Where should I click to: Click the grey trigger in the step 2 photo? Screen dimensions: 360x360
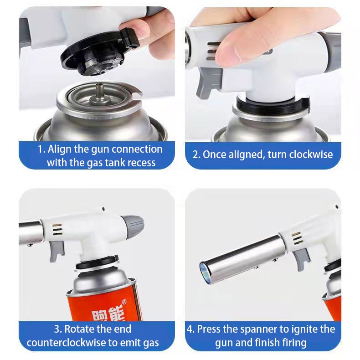click(208, 82)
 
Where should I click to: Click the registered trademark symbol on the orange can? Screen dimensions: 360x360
click(124, 302)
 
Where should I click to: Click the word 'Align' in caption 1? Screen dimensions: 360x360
click(60, 149)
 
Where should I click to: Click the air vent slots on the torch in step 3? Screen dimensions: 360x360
click(57, 230)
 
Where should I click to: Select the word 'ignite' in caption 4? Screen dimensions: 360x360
click(304, 329)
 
